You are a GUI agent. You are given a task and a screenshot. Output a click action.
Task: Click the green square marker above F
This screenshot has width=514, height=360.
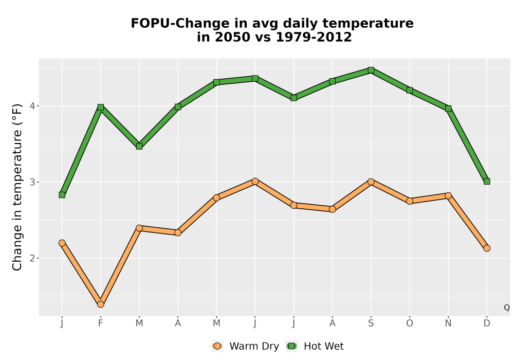pos(101,107)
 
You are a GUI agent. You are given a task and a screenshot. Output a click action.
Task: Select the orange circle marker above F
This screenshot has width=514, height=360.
pos(101,304)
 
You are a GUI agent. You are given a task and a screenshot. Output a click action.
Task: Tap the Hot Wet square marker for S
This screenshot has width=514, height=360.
pos(371,70)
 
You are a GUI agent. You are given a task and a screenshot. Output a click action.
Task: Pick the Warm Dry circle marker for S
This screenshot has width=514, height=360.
pos(371,182)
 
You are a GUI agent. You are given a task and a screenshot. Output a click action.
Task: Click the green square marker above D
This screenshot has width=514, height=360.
pos(487,182)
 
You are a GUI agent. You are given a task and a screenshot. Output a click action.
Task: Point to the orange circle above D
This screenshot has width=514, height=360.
pos(487,248)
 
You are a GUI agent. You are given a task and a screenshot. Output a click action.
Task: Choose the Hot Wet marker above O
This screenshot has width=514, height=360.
pos(410,90)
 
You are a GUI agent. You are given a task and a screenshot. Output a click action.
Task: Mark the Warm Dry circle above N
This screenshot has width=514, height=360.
pos(448,196)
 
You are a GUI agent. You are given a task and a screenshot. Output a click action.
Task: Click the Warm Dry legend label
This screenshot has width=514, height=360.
pos(254,346)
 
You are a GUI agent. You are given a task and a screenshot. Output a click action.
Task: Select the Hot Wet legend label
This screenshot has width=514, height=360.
pos(323,346)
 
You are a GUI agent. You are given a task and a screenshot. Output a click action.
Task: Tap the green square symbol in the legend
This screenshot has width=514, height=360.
pos(291,346)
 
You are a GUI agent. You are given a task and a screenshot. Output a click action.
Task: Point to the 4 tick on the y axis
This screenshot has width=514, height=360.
pos(32,106)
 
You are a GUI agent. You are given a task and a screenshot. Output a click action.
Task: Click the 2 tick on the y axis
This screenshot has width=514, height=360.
pos(32,258)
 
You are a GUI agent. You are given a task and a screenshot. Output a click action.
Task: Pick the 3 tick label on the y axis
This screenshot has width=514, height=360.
pos(32,182)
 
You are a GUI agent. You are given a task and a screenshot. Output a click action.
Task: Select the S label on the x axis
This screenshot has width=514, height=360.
pos(371,323)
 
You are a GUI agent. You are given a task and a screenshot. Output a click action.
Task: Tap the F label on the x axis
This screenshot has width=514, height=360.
pos(101,323)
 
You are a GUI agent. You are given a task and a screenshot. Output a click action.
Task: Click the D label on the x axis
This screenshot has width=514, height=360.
pos(487,323)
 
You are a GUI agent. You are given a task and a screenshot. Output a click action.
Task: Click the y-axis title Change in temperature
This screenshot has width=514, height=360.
pos(17,187)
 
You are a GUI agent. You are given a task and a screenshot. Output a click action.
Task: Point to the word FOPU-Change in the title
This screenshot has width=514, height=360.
pos(180,23)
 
